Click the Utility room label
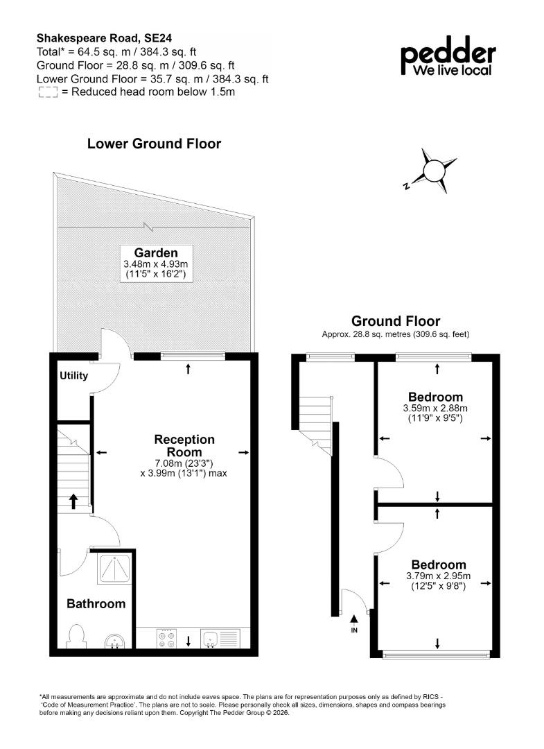click(x=73, y=375)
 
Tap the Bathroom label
click(x=96, y=604)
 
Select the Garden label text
click(x=155, y=252)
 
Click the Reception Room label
click(x=184, y=446)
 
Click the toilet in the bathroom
click(x=76, y=636)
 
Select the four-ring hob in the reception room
click(x=166, y=639)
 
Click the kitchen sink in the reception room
click(x=220, y=638)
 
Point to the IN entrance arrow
click(x=354, y=619)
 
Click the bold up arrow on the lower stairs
click(x=73, y=501)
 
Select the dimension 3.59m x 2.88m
click(x=435, y=408)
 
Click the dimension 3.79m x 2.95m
click(x=438, y=576)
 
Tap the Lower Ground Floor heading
click(x=154, y=144)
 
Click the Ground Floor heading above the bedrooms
click(x=396, y=321)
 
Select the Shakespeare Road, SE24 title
click(x=105, y=38)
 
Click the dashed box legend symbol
click(x=48, y=93)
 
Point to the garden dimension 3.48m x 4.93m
click(x=155, y=264)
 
